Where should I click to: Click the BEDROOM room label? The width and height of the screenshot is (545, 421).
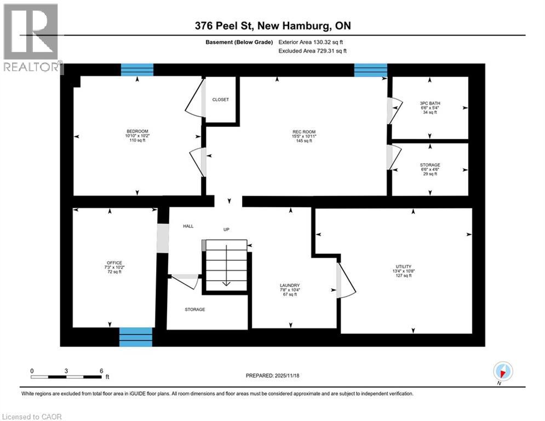pyautogui.click(x=137, y=131)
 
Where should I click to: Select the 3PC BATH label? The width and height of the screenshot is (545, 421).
pyautogui.click(x=430, y=103)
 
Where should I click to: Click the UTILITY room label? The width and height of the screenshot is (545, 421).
pyautogui.click(x=404, y=266)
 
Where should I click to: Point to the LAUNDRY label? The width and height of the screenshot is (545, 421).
pyautogui.click(x=289, y=285)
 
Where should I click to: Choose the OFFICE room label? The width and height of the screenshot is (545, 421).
pyautogui.click(x=114, y=263)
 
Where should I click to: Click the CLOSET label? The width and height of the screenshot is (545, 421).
pyautogui.click(x=221, y=99)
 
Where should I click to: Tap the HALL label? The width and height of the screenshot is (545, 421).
pyautogui.click(x=188, y=226)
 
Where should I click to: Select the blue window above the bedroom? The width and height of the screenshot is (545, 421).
pyautogui.click(x=137, y=70)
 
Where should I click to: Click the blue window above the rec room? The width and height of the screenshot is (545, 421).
pyautogui.click(x=370, y=70)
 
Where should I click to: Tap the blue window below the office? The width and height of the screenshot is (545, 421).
pyautogui.click(x=136, y=337)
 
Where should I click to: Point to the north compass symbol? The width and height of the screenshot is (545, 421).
pyautogui.click(x=502, y=371)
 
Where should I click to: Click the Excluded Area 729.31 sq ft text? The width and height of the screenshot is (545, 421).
pyautogui.click(x=313, y=50)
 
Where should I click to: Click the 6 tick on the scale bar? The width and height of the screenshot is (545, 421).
pyautogui.click(x=101, y=371)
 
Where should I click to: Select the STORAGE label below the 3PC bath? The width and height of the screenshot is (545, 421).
pyautogui.click(x=430, y=164)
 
